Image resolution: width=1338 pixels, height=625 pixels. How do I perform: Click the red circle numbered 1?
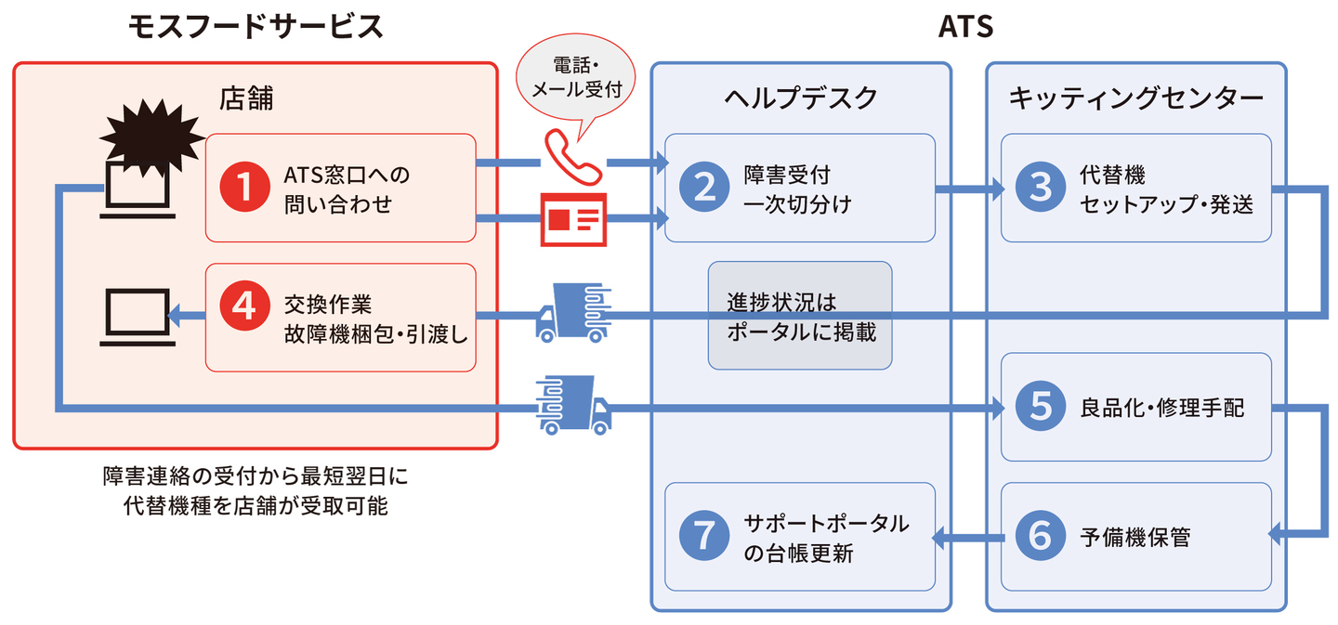click(244, 188)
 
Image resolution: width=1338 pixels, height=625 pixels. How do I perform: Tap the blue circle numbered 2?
click(704, 188)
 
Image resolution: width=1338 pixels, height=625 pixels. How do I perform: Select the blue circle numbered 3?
click(1041, 188)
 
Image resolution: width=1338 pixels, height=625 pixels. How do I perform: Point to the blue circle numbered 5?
click(1041, 407)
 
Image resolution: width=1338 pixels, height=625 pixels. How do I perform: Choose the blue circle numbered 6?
click(1041, 536)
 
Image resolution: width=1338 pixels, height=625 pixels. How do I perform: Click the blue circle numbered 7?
click(704, 536)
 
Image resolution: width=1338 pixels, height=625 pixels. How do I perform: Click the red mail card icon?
click(573, 219)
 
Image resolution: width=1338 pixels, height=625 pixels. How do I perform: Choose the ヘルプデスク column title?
click(800, 98)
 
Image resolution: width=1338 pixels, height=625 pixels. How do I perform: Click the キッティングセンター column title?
click(1135, 98)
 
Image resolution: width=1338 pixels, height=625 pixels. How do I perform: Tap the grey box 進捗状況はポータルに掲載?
click(799, 316)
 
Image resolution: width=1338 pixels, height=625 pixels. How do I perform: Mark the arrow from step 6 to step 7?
click(966, 536)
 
